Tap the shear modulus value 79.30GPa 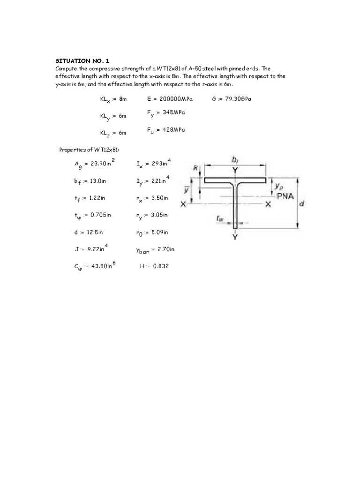click(x=239, y=99)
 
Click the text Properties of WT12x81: click(x=89, y=150)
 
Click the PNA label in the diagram click(x=285, y=196)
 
